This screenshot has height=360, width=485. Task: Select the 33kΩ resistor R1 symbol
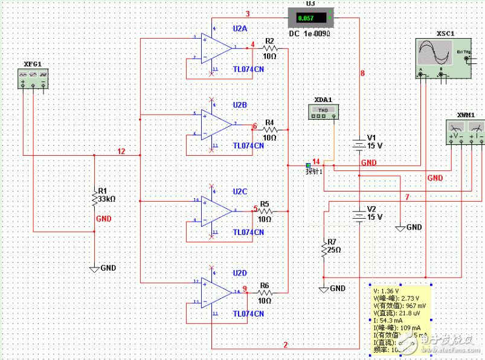(x=94, y=198)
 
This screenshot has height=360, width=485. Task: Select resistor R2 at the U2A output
(x=269, y=47)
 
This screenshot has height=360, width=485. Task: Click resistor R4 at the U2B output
(x=269, y=129)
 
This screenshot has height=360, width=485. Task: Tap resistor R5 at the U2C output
(x=265, y=211)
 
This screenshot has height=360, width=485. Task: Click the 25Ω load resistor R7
(x=324, y=249)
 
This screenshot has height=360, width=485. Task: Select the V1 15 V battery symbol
(x=359, y=145)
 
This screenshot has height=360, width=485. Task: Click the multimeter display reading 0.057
(x=307, y=18)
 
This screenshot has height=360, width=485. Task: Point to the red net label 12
(x=121, y=151)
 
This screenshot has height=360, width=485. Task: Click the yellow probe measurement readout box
(x=400, y=320)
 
